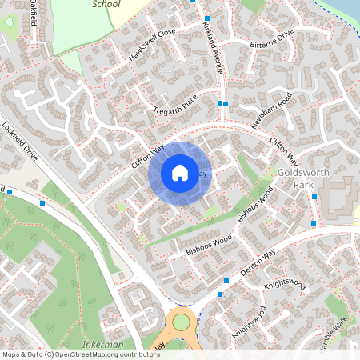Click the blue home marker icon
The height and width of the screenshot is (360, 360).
180,173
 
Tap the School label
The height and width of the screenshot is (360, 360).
106,4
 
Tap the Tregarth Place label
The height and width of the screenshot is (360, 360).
174,105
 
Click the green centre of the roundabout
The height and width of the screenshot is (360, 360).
182,322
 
